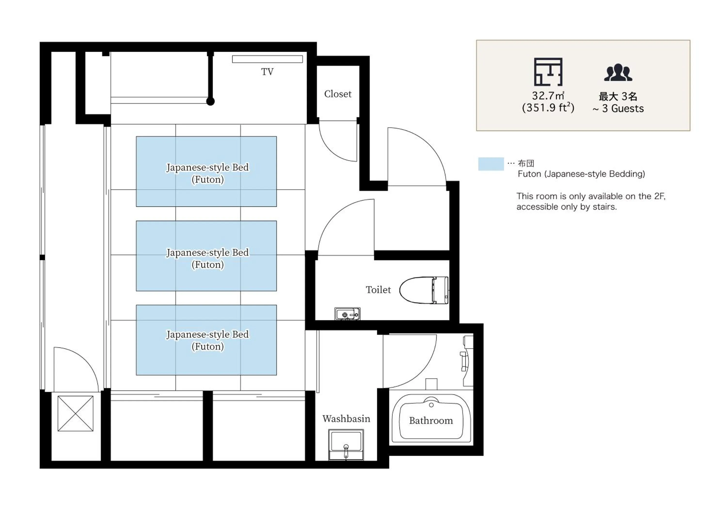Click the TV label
pyautogui.click(x=267, y=72)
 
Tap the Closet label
pyautogui.click(x=338, y=94)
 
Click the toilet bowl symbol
pyautogui.click(x=423, y=290)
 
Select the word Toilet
pyautogui.click(x=378, y=290)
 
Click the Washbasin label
pyautogui.click(x=346, y=419)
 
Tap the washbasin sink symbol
pyautogui.click(x=346, y=444)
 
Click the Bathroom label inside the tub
pyautogui.click(x=431, y=421)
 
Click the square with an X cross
pyautogui.click(x=75, y=413)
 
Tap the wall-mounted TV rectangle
pyautogui.click(x=267, y=59)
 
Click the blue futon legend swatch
pyautogui.click(x=491, y=164)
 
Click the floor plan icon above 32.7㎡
pyautogui.click(x=548, y=72)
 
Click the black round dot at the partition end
pyautogui.click(x=211, y=101)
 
